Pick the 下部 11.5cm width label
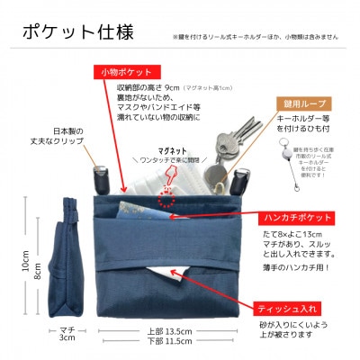[166, 343]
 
